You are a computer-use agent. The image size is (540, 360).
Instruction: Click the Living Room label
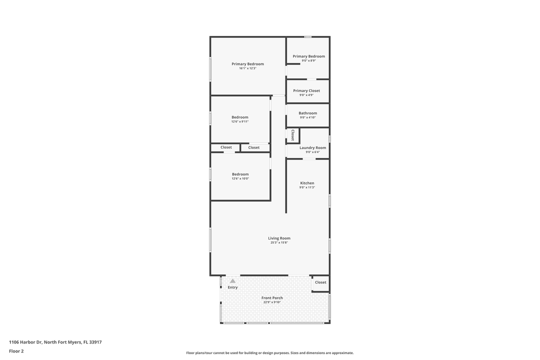pyautogui.click(x=279, y=238)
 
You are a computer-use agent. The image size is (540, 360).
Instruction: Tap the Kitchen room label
pyautogui.click(x=307, y=183)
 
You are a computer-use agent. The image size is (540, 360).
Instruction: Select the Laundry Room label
pyautogui.click(x=312, y=147)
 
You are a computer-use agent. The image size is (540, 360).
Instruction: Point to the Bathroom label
pyautogui.click(x=307, y=113)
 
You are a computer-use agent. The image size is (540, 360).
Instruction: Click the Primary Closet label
pyautogui.click(x=306, y=90)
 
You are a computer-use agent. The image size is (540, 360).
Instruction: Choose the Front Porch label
pyautogui.click(x=272, y=298)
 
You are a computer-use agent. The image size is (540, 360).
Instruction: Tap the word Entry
pyautogui.click(x=232, y=287)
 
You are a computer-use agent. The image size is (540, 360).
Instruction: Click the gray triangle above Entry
pyautogui.click(x=232, y=281)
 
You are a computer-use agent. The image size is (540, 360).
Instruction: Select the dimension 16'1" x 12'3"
pyautogui.click(x=247, y=68)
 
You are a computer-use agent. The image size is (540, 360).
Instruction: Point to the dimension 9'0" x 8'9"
pyautogui.click(x=308, y=60)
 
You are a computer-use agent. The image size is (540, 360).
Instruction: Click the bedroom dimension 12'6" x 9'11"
pyautogui.click(x=239, y=121)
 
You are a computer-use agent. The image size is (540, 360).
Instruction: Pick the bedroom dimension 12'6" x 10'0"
pyautogui.click(x=240, y=178)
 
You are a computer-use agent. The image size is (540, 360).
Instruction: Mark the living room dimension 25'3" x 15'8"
pyautogui.click(x=279, y=243)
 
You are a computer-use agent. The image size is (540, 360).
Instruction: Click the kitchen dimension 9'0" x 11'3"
pyautogui.click(x=307, y=187)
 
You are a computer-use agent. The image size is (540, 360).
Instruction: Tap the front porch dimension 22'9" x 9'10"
pyautogui.click(x=272, y=302)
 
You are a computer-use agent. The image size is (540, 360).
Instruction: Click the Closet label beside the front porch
pyautogui.click(x=320, y=282)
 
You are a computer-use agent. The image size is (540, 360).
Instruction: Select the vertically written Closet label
pyautogui.click(x=292, y=135)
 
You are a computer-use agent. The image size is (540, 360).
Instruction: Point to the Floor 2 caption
pyautogui.click(x=16, y=351)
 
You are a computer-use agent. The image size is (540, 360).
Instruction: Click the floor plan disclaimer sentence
pyautogui.click(x=269, y=353)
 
